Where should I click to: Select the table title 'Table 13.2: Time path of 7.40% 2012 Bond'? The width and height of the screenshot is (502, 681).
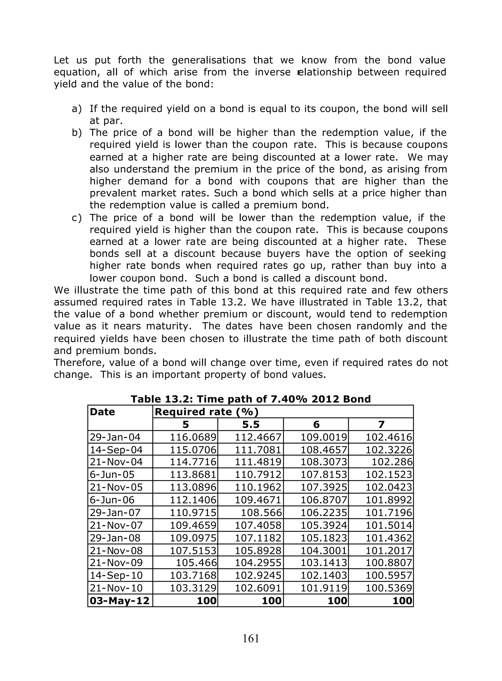click(251, 399)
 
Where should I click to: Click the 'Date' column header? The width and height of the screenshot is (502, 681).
click(102, 412)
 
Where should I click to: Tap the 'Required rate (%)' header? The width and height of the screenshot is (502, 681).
click(207, 412)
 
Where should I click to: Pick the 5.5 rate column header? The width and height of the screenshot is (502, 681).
click(251, 424)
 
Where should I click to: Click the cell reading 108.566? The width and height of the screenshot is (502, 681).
click(262, 513)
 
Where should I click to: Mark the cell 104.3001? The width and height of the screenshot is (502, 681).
click(324, 550)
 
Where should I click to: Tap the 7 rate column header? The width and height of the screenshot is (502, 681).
click(381, 424)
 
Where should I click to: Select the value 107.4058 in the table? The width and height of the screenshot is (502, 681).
click(258, 525)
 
